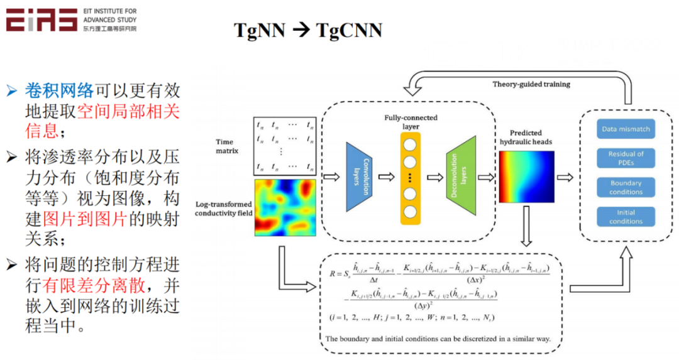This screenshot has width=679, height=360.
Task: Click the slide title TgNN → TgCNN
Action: coord(308,30)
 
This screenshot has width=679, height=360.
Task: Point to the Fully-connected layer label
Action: coord(412,122)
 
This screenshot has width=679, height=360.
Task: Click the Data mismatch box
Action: coord(626,129)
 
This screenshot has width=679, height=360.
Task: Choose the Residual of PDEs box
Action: coord(626,158)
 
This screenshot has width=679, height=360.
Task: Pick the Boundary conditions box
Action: coord(626,187)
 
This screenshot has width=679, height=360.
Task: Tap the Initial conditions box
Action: coord(626,217)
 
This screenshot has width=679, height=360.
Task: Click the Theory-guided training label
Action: coord(531,84)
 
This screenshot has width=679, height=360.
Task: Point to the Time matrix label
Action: coord(227,146)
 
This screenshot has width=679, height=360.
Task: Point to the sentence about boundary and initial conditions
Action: coord(438,339)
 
